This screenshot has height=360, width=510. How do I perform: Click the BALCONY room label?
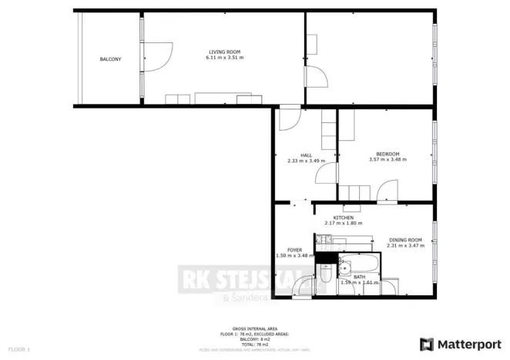[x=110, y=59]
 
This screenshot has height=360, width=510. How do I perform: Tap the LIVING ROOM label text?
[x=226, y=52]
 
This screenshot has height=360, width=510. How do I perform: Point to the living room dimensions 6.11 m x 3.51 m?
[x=226, y=58]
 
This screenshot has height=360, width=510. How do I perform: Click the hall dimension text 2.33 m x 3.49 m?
[x=306, y=161]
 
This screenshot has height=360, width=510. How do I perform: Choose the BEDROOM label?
[x=388, y=153]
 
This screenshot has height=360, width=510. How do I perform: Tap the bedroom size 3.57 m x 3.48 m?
[x=388, y=159]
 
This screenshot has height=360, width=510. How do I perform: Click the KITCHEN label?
[x=344, y=218]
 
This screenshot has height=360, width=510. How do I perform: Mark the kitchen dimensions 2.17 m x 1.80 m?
[x=344, y=223]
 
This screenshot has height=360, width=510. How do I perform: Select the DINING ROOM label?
[x=405, y=239]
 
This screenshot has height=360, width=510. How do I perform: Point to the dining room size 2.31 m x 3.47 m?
[x=405, y=245]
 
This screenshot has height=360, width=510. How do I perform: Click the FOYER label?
[x=294, y=250]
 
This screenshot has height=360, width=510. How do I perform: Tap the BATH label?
[x=359, y=276]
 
